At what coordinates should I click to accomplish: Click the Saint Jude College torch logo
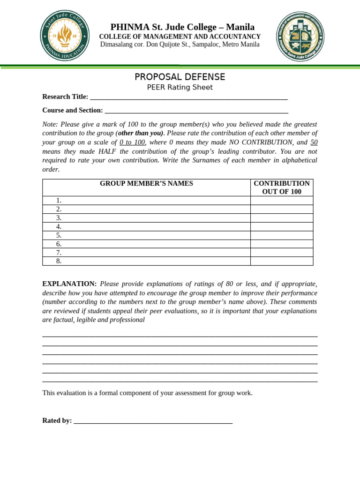[65, 36]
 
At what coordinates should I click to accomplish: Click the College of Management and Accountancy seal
[300, 36]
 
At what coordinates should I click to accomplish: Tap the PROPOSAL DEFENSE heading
[180, 77]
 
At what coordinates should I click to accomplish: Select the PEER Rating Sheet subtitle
[180, 87]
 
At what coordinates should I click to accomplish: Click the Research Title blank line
[188, 97]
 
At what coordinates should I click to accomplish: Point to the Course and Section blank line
[196, 111]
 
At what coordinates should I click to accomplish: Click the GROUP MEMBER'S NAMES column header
[146, 183]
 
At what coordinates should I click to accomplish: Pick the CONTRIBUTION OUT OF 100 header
[282, 187]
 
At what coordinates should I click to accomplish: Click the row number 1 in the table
[59, 201]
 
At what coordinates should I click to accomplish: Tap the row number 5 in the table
[59, 235]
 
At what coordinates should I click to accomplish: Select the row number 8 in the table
[59, 261]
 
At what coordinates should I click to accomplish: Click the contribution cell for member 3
[282, 218]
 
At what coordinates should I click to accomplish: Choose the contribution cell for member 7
[282, 253]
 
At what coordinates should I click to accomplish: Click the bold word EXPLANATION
[69, 284]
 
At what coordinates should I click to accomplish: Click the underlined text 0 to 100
[132, 142]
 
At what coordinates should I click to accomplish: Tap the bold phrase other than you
[140, 133]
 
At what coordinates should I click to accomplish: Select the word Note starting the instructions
[50, 124]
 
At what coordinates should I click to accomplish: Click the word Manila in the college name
[240, 27]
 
